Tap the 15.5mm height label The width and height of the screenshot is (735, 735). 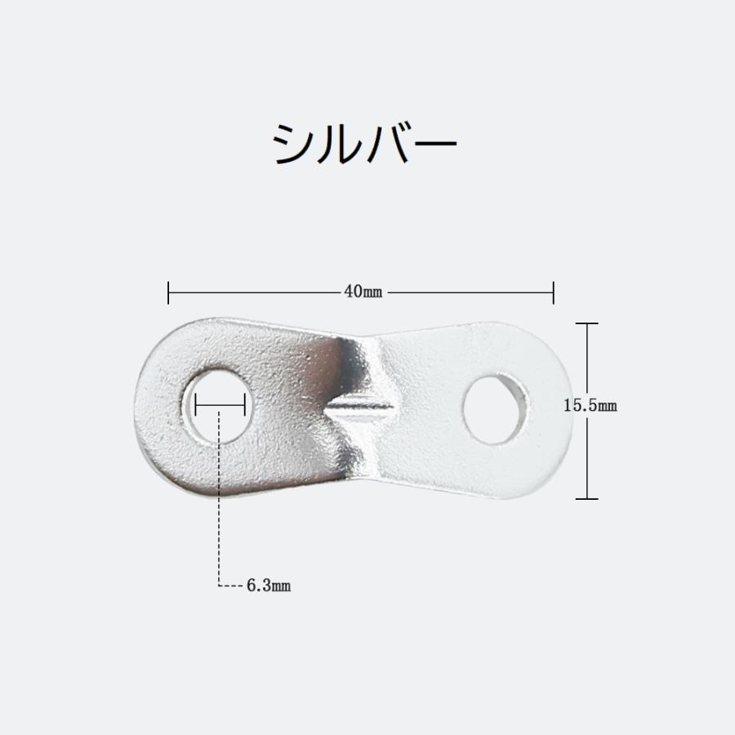click(590, 405)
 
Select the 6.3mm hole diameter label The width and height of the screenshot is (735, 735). click(269, 586)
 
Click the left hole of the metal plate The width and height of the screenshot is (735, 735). click(218, 405)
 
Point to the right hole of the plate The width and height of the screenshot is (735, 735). click(495, 409)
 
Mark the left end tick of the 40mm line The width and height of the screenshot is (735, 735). click(168, 292)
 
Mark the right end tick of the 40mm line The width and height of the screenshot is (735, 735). click(554, 292)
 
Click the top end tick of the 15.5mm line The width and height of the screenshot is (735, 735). click(587, 324)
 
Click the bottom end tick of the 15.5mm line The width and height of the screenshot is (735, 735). click(587, 498)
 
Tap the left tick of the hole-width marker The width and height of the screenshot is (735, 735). click(196, 404)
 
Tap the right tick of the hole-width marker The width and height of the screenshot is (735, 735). click(244, 404)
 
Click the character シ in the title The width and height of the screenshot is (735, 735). click(293, 146)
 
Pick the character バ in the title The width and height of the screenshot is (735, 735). click(390, 145)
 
